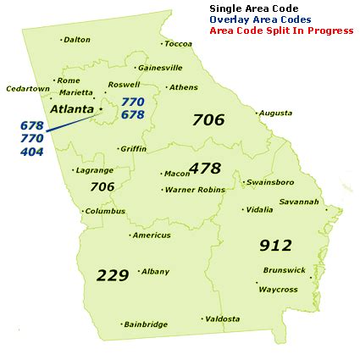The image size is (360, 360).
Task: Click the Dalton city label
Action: [x=77, y=39]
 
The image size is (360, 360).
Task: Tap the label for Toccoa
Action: [x=179, y=43]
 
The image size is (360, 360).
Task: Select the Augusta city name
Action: [x=275, y=113]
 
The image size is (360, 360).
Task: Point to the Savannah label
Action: [x=298, y=202]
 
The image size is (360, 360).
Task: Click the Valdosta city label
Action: [x=222, y=318]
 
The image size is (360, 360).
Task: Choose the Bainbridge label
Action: [x=146, y=324]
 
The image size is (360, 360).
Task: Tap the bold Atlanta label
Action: [x=72, y=109]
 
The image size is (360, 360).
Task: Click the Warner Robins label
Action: [x=196, y=190]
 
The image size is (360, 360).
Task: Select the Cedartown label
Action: [x=28, y=88]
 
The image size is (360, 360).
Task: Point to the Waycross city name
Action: [x=278, y=289]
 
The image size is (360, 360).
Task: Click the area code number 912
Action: [x=275, y=246]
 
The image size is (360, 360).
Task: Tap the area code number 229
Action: [x=113, y=275]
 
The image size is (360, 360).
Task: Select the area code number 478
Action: [x=205, y=168]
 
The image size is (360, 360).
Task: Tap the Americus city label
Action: [x=152, y=235]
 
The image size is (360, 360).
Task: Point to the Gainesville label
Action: [x=160, y=67]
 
